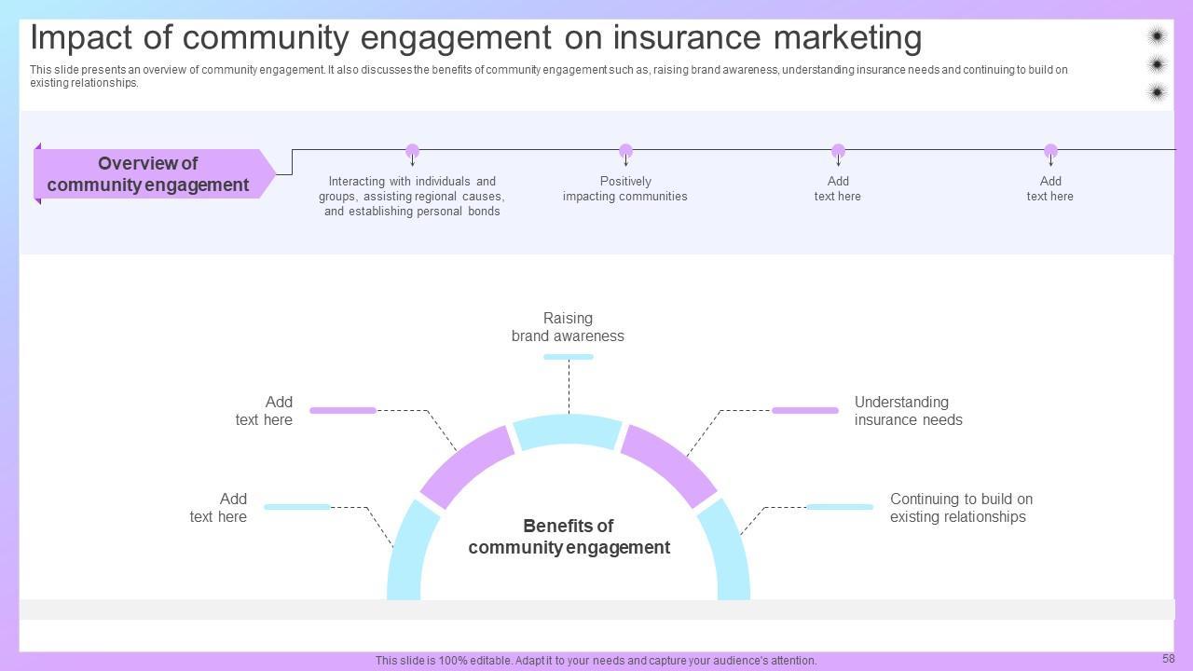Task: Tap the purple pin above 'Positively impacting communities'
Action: click(625, 151)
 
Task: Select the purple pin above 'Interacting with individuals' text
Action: click(412, 151)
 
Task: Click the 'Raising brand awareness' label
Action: click(568, 327)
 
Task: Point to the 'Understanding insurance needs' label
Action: click(908, 411)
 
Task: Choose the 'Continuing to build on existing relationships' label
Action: click(961, 508)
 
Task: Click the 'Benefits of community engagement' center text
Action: click(569, 536)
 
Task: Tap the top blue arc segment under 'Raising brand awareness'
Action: click(568, 431)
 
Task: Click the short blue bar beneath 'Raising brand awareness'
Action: click(569, 357)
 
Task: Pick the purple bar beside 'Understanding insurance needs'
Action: click(804, 411)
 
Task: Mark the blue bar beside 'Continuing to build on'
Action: click(840, 507)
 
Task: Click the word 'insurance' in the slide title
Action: click(687, 38)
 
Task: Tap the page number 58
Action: click(1169, 658)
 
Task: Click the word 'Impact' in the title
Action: click(81, 39)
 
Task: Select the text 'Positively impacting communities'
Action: click(625, 188)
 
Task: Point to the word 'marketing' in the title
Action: click(847, 39)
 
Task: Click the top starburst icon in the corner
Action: click(1157, 36)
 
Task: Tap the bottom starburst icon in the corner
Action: click(1157, 92)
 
